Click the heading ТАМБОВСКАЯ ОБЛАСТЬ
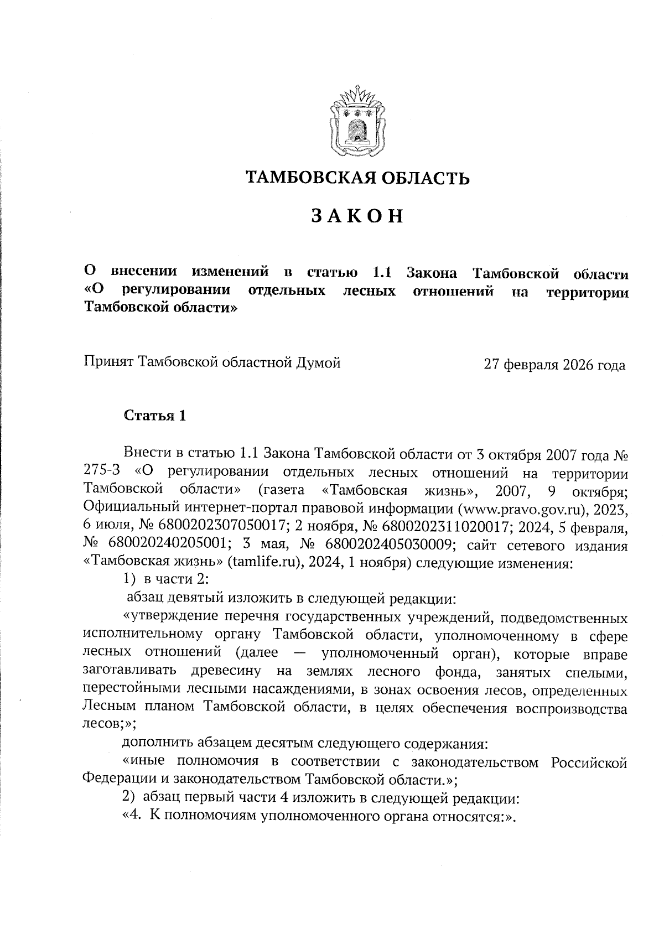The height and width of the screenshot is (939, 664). tap(358, 178)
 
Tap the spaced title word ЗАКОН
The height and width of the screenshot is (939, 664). tap(357, 216)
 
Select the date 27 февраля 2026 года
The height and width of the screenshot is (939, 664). tap(554, 365)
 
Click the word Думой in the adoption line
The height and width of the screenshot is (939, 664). tap(319, 362)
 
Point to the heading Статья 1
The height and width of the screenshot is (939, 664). tap(155, 416)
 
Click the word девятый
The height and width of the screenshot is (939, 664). tap(191, 599)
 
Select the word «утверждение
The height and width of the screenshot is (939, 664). tap(165, 618)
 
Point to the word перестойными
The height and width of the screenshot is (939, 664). tap(123, 691)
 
